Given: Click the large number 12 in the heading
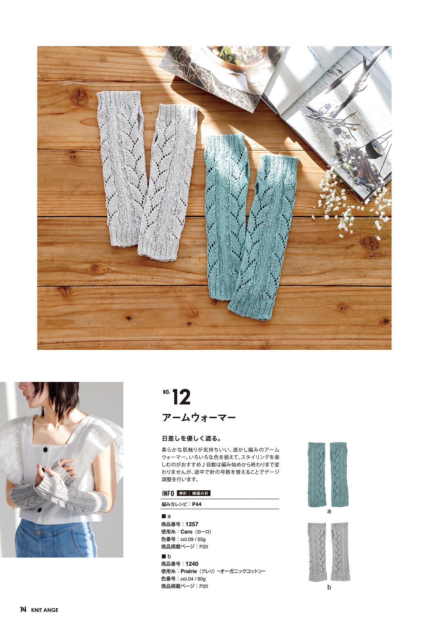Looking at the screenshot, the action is pos(181,397).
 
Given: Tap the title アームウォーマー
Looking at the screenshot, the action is pos(199,418).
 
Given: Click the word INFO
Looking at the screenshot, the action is pos(168,494).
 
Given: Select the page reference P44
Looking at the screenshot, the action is pos(197,504).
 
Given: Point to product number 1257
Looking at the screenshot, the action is pos(192,524).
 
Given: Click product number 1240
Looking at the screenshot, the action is pos(192,564).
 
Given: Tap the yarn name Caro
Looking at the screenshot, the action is pos(186,531).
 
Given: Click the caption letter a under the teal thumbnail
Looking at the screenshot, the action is pos(329,511).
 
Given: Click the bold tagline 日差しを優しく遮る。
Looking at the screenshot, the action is pos(192,438).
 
